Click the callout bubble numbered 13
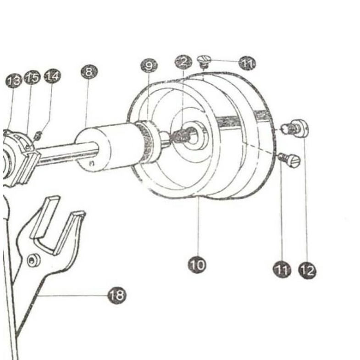coord(14,82)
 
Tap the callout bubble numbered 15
coord(32,77)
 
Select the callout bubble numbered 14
coord(52,76)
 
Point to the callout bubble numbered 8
coord(89,72)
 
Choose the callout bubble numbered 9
coord(149,66)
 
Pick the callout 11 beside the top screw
coord(247,64)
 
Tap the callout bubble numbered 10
coord(197,264)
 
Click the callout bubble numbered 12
coord(307,270)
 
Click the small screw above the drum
coord(204,60)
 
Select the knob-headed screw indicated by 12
coord(297,128)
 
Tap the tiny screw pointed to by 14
coord(39,135)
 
